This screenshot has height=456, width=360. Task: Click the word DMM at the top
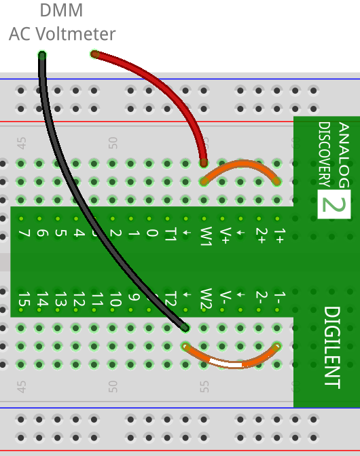coord(61,10)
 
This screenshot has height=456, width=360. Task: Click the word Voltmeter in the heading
coord(75,34)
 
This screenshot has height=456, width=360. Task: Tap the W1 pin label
coord(206,236)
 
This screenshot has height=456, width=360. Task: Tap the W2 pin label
coord(206,299)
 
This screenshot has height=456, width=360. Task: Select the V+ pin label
coord(226,235)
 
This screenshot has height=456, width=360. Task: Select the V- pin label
coord(226,297)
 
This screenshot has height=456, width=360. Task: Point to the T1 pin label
coord(171,234)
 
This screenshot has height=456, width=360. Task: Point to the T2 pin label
coord(171,299)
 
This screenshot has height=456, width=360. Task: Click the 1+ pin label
coord(278,235)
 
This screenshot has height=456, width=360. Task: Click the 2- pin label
coord(261,297)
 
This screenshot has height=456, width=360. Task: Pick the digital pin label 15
coord(24,299)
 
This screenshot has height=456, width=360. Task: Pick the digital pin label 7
coord(24,233)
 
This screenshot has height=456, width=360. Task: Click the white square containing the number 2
coord(334,204)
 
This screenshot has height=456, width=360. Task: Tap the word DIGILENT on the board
coord(331,347)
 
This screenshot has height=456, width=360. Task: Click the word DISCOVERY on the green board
coord(324,154)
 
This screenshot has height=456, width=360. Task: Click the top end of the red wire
coord(94,54)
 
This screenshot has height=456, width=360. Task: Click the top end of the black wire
coord(42,55)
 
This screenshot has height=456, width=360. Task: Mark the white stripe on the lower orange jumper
coord(226,364)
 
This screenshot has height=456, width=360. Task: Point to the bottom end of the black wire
coord(185,328)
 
